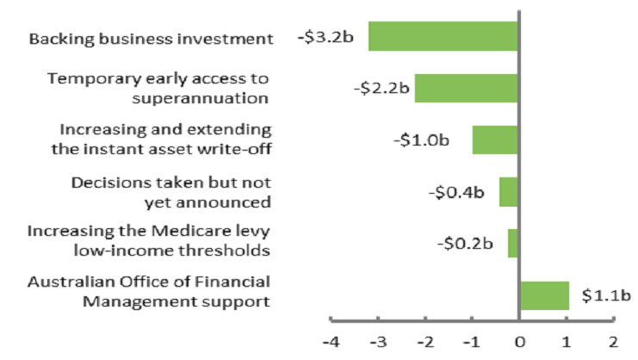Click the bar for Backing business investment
point(443,36)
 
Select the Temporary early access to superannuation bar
point(466,88)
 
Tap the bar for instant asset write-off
point(495,140)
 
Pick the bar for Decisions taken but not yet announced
point(508,191)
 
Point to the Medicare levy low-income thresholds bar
point(512,243)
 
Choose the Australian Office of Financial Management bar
point(544,295)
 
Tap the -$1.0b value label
point(424,140)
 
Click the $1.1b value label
point(606,296)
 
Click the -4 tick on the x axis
point(330,341)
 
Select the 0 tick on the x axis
point(519,341)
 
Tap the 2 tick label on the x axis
point(613,341)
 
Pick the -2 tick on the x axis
point(424,341)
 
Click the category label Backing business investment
point(151,39)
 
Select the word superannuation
point(201,97)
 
